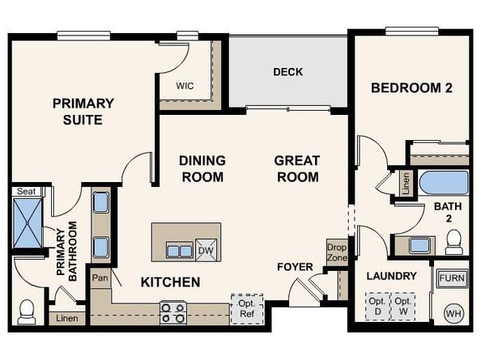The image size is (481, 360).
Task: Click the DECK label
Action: point(287,72)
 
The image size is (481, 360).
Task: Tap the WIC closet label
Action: point(185,84)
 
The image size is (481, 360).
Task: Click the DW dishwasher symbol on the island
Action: point(206,250)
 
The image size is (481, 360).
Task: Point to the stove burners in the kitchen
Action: point(172,312)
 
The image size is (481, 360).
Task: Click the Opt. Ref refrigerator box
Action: point(247,308)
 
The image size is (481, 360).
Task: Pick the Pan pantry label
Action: point(100,277)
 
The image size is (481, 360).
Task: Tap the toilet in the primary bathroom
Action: point(28,310)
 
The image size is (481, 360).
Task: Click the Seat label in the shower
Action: point(28,192)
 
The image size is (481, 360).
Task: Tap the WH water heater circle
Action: point(453,312)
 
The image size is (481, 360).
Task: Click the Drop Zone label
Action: point(336,251)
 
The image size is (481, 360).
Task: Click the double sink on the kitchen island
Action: point(179,249)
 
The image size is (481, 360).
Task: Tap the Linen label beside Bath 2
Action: point(405,184)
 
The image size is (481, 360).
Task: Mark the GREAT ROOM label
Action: point(296,169)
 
